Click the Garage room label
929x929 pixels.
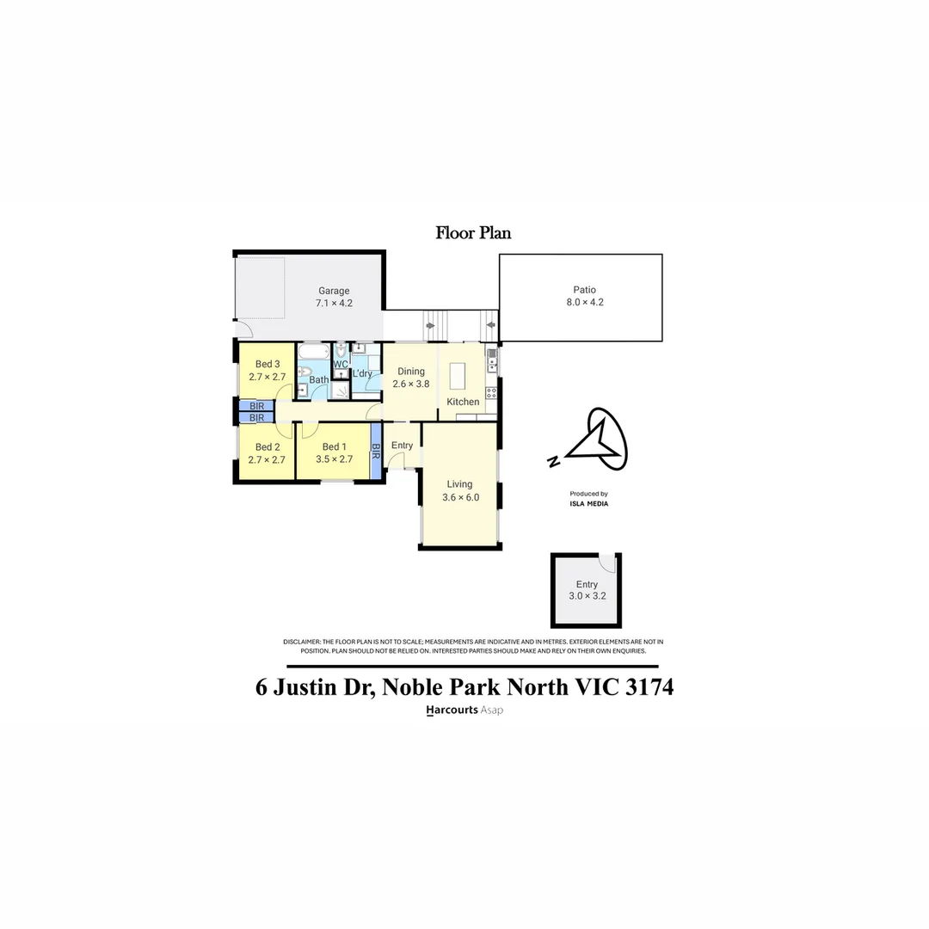(334, 291)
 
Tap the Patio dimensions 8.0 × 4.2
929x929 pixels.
(584, 303)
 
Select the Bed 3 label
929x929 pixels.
(268, 363)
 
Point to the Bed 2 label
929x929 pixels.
(268, 446)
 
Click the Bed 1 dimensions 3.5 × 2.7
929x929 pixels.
(334, 459)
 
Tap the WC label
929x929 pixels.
(341, 364)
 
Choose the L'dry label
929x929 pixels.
(362, 373)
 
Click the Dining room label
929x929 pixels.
(410, 372)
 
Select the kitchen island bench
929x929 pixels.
(457, 376)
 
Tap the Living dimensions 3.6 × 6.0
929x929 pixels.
(459, 497)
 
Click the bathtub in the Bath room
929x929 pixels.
(313, 353)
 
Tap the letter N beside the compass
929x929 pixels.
(553, 462)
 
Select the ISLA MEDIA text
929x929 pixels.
(588, 504)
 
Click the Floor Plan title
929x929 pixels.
(473, 232)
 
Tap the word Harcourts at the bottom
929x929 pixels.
(452, 711)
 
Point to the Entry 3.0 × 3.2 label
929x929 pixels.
(587, 590)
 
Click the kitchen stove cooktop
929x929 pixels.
(492, 392)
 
